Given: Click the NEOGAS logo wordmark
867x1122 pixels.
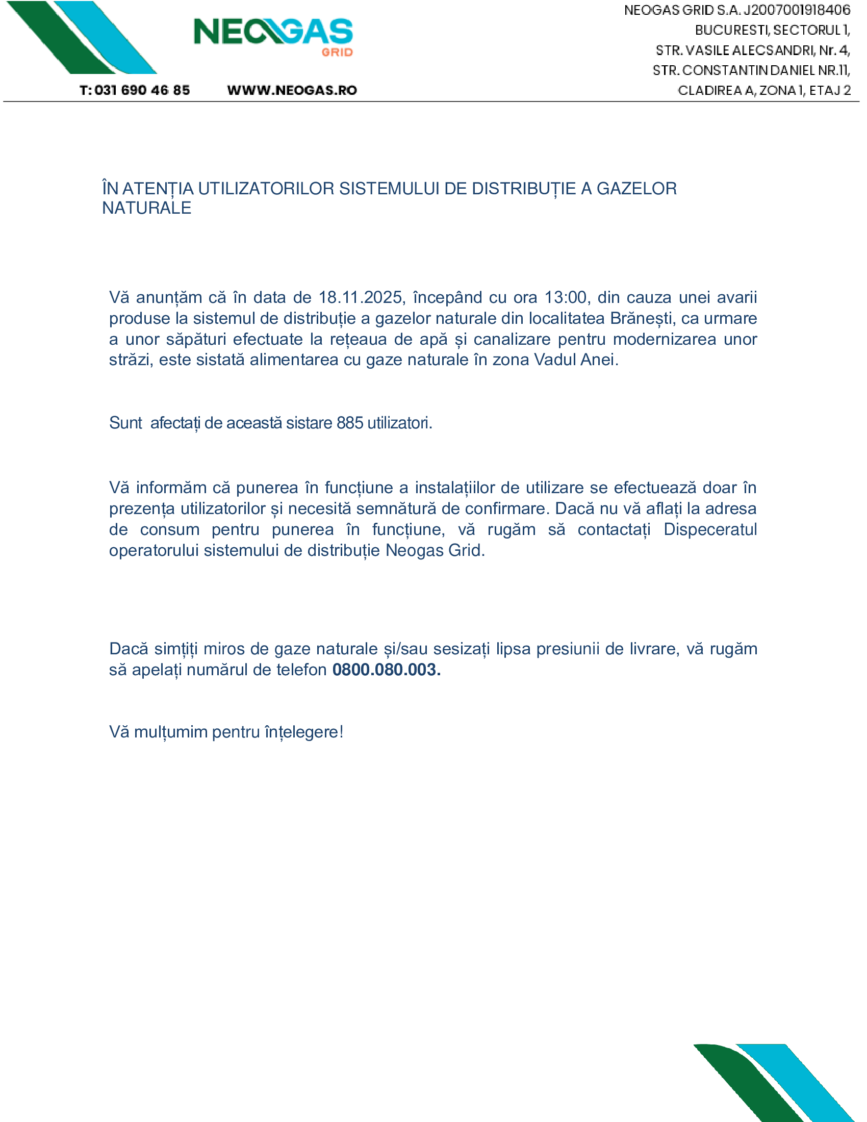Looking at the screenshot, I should coord(273,32).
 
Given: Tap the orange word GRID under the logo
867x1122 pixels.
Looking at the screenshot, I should coord(337,53).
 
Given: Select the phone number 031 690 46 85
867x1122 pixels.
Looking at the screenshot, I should coord(142,90).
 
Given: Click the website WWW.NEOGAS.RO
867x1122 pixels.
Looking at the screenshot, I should coord(292,90).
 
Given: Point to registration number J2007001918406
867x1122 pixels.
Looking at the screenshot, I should coord(797,10).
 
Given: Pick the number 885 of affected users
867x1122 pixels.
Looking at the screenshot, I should coord(350,423).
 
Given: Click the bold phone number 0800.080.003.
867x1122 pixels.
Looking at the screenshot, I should coord(386,670).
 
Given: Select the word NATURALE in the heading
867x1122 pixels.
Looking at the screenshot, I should coord(146,208).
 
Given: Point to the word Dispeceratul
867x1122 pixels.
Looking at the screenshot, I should coord(710,529).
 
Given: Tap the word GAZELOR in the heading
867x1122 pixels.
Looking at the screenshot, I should coord(636,189).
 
